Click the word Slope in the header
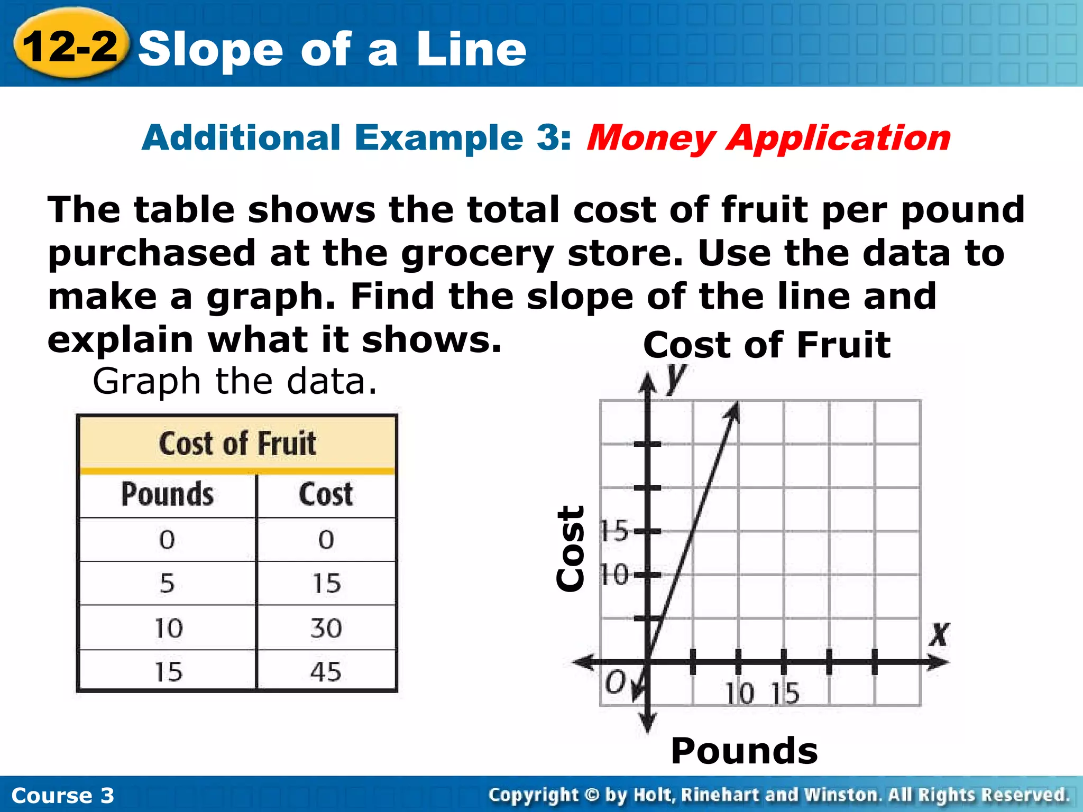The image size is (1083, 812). [x=212, y=49]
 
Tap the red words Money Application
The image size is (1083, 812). [x=768, y=139]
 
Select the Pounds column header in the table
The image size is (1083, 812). [x=168, y=494]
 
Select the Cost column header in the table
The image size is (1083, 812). [x=326, y=494]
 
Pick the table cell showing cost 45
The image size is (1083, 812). [x=326, y=672]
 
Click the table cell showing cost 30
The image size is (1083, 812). [x=326, y=628]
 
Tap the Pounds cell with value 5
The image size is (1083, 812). [x=167, y=584]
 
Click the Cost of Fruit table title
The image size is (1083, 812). [x=237, y=443]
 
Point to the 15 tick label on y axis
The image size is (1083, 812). [x=614, y=530]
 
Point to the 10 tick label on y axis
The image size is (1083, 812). [x=614, y=575]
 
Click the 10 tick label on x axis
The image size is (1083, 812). [x=739, y=694]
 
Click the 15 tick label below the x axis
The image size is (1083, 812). [x=785, y=694]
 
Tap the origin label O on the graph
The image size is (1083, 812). [x=616, y=682]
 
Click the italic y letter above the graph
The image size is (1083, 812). [x=675, y=379]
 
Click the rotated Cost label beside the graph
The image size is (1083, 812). [x=571, y=549]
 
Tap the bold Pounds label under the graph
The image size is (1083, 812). [x=744, y=751]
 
